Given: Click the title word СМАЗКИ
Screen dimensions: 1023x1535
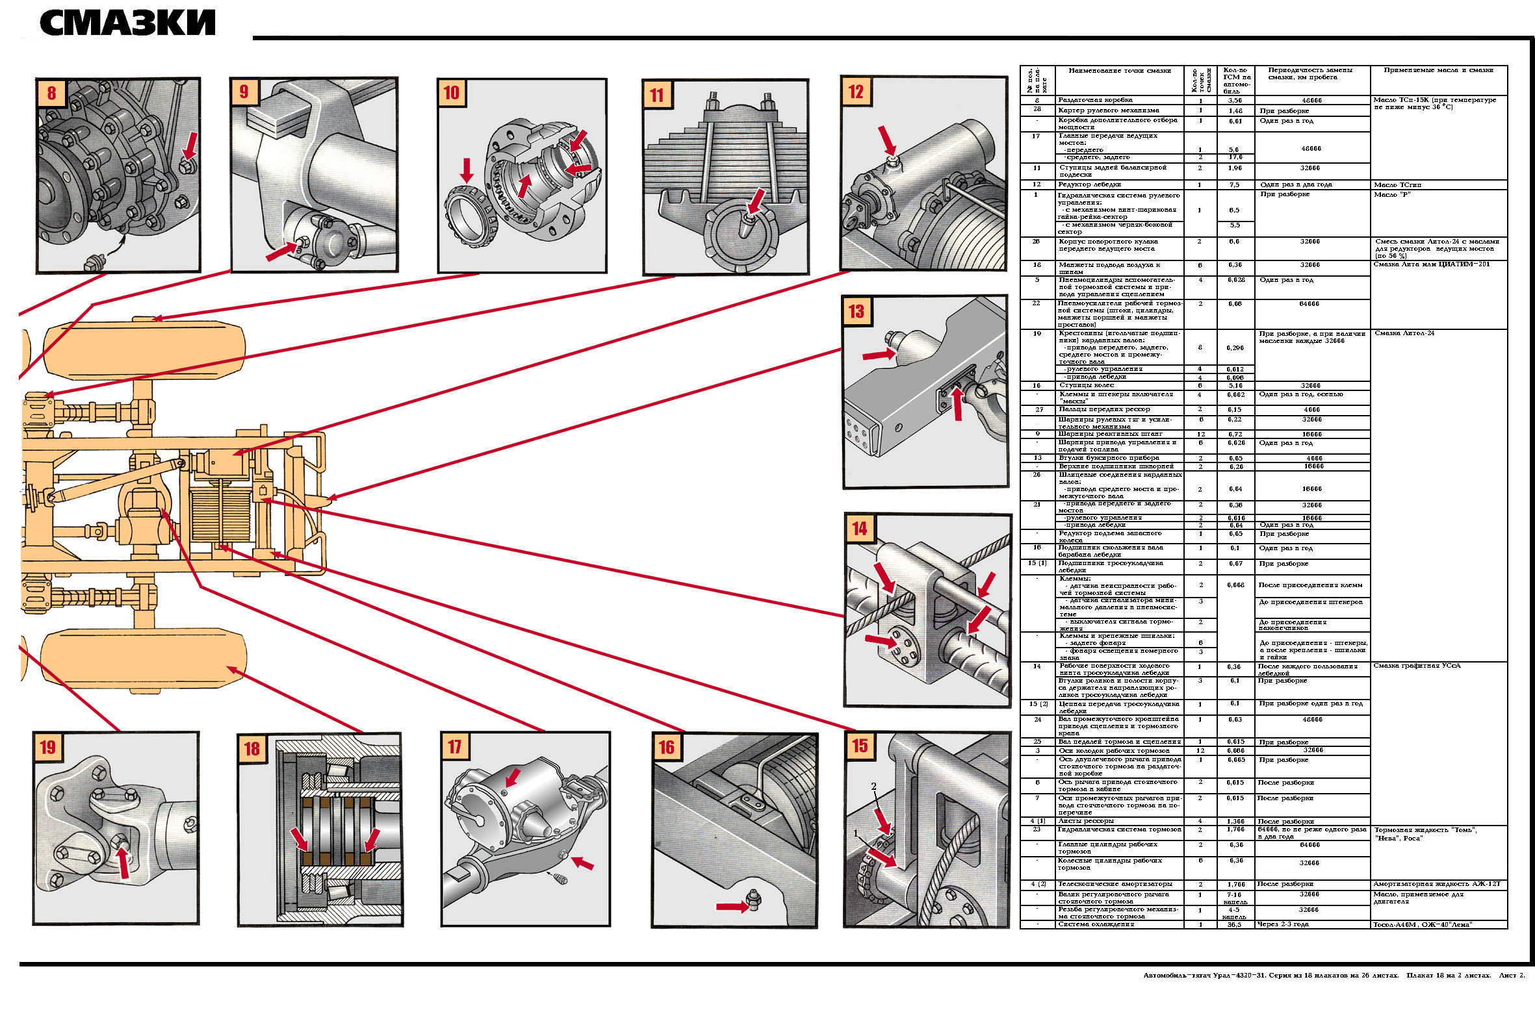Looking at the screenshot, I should (x=128, y=23).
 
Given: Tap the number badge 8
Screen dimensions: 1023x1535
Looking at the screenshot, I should (x=51, y=93).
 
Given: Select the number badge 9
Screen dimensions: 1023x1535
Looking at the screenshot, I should (x=244, y=92).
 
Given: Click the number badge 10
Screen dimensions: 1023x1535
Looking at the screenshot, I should (x=451, y=93).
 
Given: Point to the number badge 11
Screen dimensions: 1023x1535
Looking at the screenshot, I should (x=656, y=95).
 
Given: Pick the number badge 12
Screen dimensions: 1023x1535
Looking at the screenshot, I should (x=856, y=92).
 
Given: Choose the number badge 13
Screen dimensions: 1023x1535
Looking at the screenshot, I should (x=857, y=311).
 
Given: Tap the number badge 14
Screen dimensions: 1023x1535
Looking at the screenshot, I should (x=860, y=529).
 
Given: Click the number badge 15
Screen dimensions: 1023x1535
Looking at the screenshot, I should (x=860, y=745).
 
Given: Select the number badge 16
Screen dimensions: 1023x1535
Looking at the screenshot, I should (x=666, y=747).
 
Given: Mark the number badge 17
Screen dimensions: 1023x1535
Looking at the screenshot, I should (x=455, y=746).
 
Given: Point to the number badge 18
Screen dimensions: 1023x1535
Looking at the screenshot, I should (x=252, y=748).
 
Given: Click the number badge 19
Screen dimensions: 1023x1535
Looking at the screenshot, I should (x=47, y=746).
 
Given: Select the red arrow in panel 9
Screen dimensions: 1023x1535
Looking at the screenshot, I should (x=281, y=251).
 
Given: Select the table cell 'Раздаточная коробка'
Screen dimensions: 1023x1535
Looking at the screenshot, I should (x=1096, y=101).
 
